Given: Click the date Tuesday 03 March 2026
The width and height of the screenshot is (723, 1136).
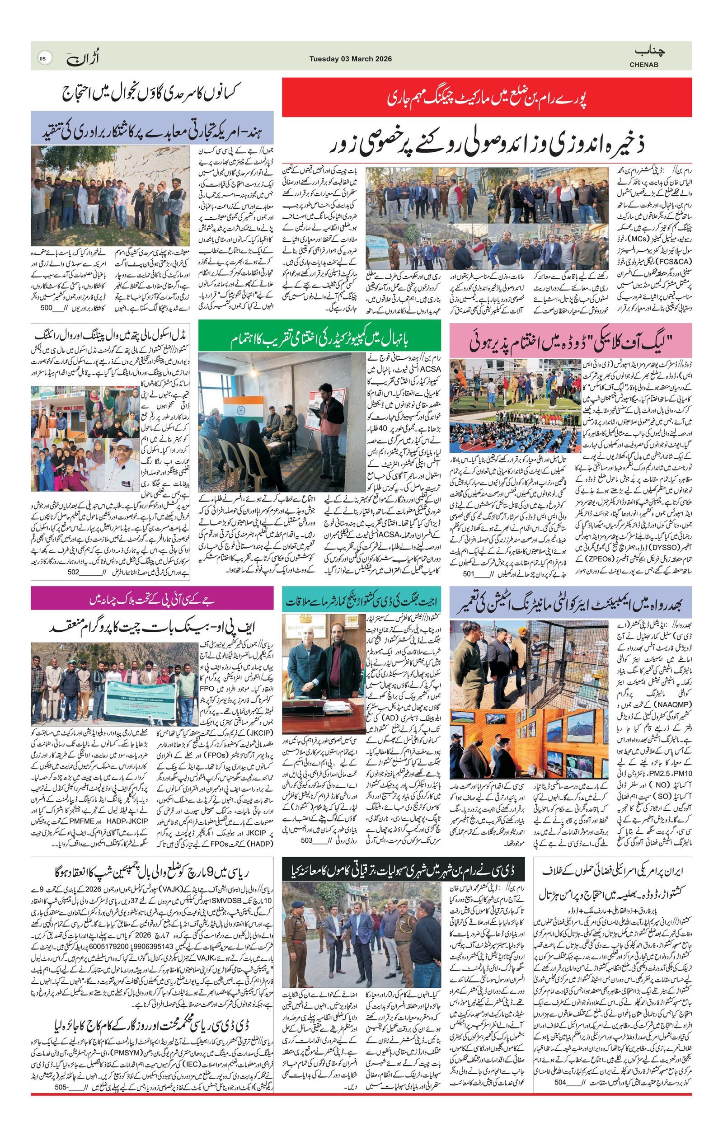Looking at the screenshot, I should click(350, 59).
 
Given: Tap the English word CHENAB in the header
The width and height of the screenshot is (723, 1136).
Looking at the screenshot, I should click(644, 65).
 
